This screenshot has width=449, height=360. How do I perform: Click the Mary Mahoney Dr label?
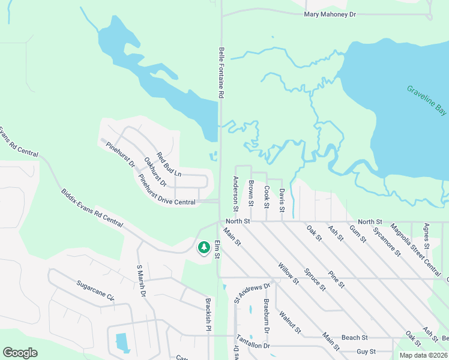click(x=330, y=14)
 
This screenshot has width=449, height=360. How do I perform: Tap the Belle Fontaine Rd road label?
click(x=221, y=73)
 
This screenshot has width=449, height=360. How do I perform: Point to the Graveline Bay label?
click(x=427, y=100)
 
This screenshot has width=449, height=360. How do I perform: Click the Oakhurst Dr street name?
click(x=155, y=172)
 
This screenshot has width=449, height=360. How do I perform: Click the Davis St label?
click(x=282, y=200)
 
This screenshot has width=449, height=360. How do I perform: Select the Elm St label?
click(x=218, y=251)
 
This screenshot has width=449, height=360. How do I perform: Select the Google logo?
click(x=20, y=353)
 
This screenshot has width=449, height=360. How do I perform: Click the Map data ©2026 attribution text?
click(x=423, y=355)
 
